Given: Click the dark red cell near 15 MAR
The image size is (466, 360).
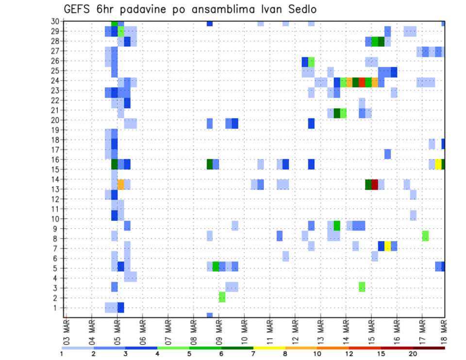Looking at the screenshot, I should coord(375,184).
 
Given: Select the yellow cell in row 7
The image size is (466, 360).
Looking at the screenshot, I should coord(387,246).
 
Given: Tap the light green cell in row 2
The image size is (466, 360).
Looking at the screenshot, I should coord(222,297).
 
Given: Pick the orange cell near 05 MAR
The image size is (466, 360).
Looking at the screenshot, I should coord(121,184).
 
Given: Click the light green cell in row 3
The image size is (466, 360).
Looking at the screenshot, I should coord(362,287).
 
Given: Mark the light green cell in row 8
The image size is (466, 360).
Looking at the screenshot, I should coord(426,236).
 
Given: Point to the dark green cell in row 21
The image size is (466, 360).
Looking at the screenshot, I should coord(337,113).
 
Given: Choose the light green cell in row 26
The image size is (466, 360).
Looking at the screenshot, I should coord(311,62).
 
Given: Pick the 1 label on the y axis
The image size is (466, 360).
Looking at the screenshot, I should coord(57,308).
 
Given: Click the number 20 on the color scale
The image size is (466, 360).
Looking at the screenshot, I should coord(413,354).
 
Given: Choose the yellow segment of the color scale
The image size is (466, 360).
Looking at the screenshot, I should coord(269,347).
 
